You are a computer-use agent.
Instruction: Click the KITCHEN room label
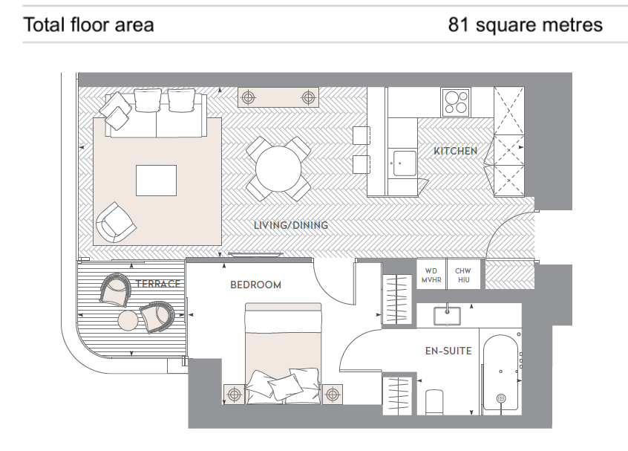455,151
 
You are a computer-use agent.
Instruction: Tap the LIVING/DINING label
291,225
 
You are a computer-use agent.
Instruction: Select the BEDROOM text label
255,285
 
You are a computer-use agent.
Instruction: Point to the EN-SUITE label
448,351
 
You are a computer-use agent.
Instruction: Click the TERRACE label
158,284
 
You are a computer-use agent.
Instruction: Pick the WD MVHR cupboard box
431,275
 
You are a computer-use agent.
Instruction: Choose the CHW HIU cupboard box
463,275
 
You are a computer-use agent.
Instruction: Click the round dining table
278,169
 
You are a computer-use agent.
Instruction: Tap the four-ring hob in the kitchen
457,103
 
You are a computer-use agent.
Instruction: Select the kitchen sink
405,163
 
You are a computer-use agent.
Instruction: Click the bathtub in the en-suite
501,372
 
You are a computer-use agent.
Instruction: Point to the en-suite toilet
434,402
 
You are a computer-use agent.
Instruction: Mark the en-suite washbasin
447,316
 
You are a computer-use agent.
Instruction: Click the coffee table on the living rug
156,181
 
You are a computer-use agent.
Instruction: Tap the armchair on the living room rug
115,222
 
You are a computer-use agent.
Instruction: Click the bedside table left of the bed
235,395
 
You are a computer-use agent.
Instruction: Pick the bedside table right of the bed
333,395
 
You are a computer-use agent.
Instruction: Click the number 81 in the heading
458,25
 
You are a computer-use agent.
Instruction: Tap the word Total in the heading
44,25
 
